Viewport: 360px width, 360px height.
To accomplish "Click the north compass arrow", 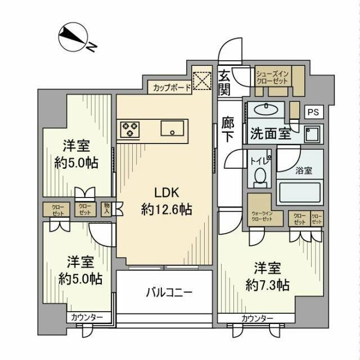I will coord(74,37).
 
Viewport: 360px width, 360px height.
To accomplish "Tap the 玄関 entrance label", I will coord(224,82).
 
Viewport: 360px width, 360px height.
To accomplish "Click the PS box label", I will coord(313,112).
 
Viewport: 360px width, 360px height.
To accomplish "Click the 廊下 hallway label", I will coord(228,130).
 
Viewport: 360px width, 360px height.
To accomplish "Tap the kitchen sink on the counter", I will coord(170,129).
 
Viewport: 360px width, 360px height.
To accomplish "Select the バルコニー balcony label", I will coord(170,292).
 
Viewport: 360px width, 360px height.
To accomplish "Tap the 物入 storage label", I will coord(106,209).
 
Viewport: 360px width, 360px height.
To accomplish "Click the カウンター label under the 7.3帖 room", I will coord(257,319).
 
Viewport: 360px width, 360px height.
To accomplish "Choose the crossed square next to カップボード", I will coord(201,82).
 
